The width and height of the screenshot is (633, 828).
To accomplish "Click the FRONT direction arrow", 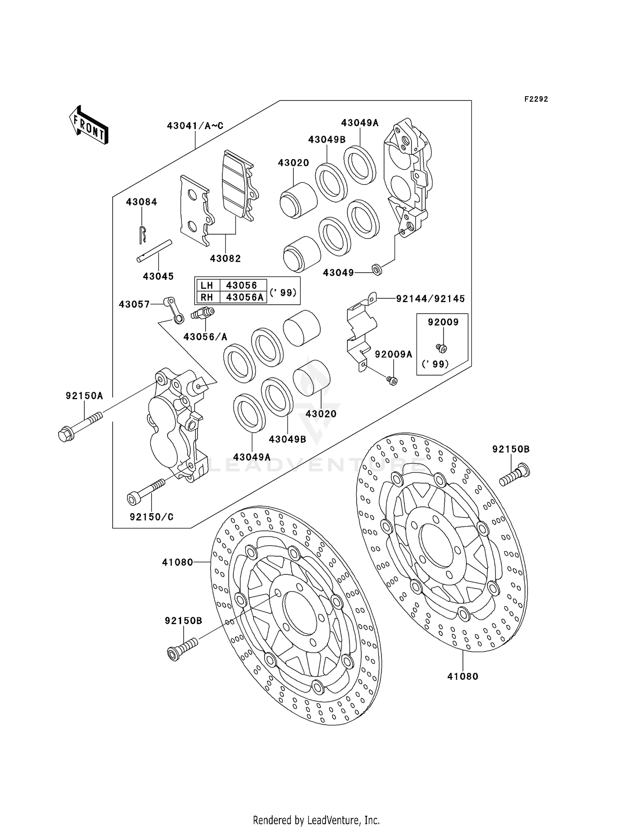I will click(x=89, y=125).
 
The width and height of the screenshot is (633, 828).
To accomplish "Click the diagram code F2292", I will click(x=536, y=99).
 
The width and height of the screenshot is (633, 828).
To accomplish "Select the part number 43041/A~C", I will click(x=195, y=126).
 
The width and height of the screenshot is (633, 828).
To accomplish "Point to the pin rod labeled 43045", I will click(x=154, y=251).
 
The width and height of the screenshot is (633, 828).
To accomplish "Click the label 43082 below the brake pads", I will click(x=225, y=259).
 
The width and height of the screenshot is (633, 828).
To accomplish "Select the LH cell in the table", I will click(x=207, y=285).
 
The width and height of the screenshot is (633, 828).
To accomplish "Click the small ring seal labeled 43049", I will click(x=377, y=269).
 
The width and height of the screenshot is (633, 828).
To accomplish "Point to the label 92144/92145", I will click(x=430, y=299).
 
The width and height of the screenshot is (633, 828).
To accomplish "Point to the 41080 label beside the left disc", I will click(x=177, y=562).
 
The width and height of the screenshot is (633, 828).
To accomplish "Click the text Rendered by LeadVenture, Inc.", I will click(x=316, y=820).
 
